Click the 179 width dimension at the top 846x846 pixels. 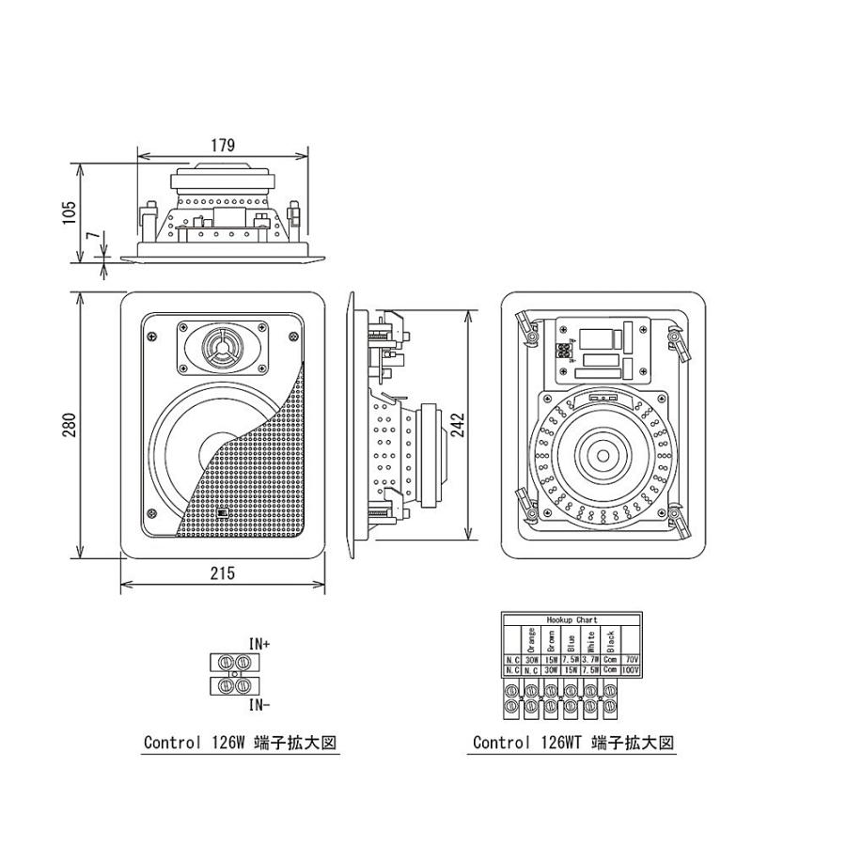pos(222,145)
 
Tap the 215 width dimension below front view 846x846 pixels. pos(222,572)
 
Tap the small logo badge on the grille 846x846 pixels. pos(223,513)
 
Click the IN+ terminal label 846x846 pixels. pos(259,645)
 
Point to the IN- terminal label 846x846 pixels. pos(259,703)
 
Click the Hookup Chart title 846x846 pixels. pos(572,621)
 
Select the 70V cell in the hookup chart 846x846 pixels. pos(631,660)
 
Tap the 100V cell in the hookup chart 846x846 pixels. pos(631,670)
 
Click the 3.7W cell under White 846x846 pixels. pos(590,660)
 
